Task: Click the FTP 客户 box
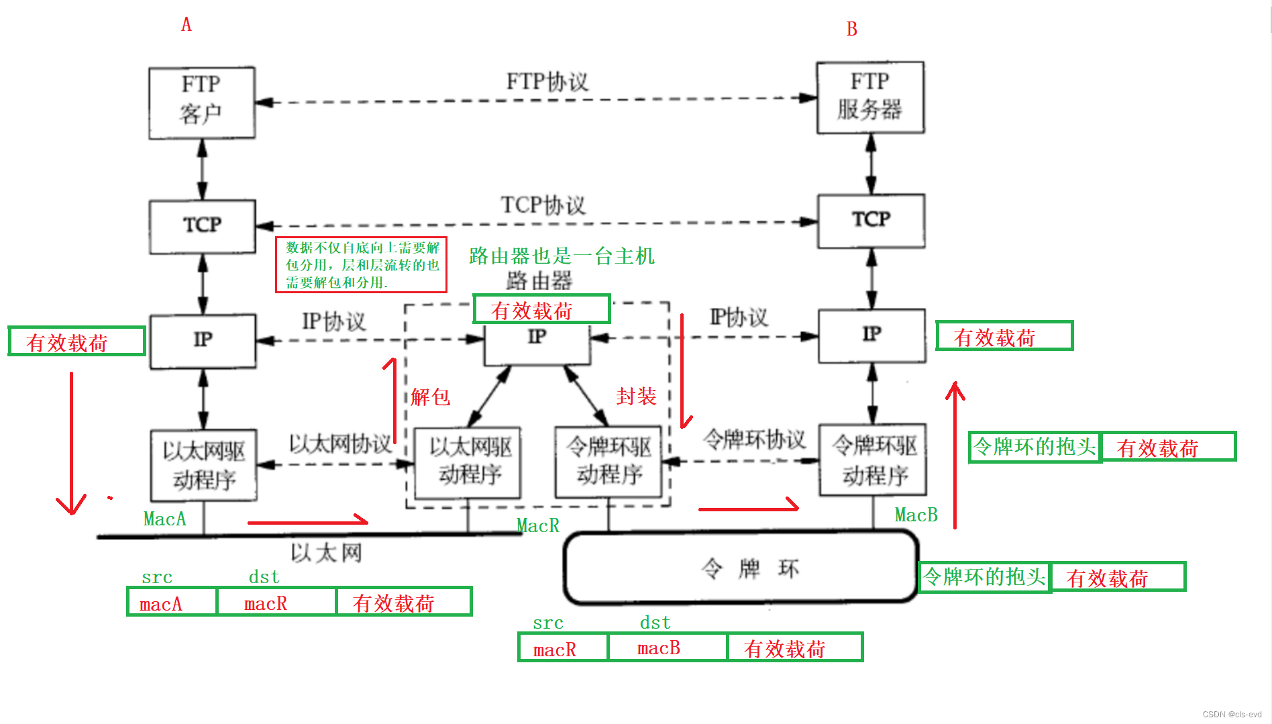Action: click(202, 103)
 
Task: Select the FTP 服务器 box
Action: click(870, 98)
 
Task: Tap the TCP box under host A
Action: click(203, 226)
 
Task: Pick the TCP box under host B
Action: click(871, 221)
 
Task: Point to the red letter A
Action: click(187, 25)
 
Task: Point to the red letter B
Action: click(851, 29)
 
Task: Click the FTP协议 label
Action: click(547, 82)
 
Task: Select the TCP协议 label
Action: click(543, 205)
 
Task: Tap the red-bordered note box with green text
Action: click(362, 265)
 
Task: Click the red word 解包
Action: click(430, 397)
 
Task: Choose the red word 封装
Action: click(636, 397)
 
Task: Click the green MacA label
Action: click(165, 519)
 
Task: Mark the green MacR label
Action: click(538, 525)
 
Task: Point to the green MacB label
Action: click(916, 515)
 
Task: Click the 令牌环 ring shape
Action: click(741, 568)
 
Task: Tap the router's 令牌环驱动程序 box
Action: click(608, 462)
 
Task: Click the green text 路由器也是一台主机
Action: click(562, 256)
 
